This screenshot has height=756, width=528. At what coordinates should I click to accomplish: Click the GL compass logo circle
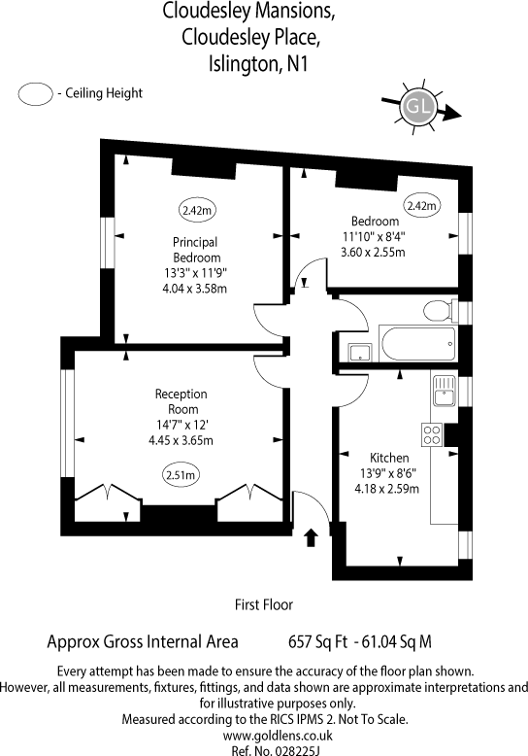click(419, 105)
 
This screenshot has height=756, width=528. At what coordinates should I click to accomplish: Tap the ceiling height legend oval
click(37, 94)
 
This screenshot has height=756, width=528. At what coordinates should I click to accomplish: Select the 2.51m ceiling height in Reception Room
click(181, 475)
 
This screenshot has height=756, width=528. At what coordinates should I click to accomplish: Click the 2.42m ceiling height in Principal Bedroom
click(197, 209)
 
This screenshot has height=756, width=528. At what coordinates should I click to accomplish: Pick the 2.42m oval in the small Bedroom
click(421, 206)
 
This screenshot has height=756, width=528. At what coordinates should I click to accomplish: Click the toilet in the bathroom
click(438, 311)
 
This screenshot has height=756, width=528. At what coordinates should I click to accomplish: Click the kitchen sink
click(444, 391)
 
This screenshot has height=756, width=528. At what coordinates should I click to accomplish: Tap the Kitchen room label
click(389, 458)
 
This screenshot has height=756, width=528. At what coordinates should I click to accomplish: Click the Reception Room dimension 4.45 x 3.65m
click(181, 440)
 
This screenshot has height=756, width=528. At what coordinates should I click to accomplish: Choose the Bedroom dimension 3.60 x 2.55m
click(372, 253)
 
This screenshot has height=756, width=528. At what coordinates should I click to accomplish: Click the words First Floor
click(264, 604)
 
